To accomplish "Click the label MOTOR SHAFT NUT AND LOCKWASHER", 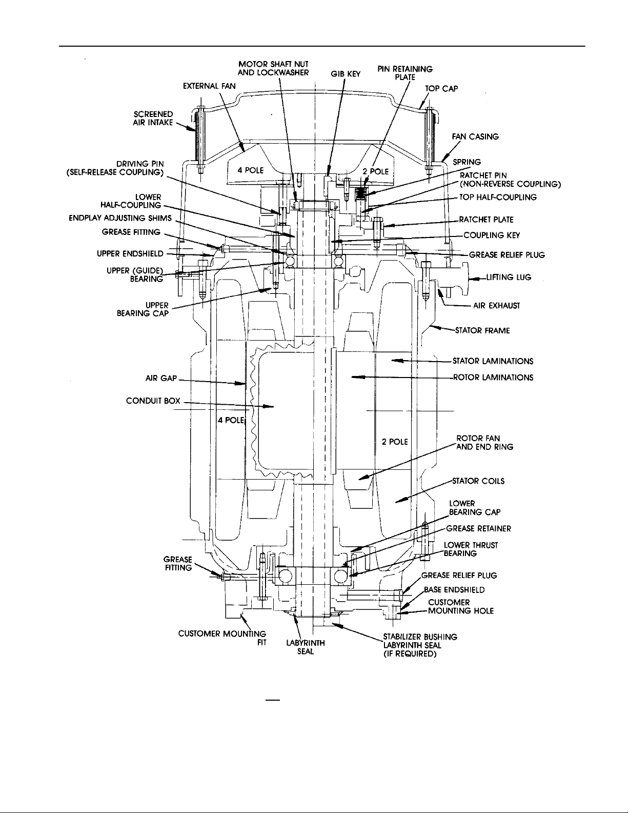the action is [273, 68].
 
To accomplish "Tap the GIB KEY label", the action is [346, 74].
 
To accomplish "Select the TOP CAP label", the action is [441, 89].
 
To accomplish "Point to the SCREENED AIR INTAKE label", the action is [153, 118].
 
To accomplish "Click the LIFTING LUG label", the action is [509, 277].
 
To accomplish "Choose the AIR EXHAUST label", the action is [496, 306].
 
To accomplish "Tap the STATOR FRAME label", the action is [482, 331].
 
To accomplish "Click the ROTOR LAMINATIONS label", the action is [493, 378].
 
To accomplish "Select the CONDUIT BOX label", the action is [153, 401].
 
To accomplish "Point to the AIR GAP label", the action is [161, 378].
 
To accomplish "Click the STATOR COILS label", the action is [478, 481].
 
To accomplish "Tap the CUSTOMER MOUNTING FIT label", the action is [222, 638].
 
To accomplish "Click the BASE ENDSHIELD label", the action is [454, 590].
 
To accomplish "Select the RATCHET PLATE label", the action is [487, 220].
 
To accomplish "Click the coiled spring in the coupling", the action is [359, 193].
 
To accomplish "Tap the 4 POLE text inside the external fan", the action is [251, 170].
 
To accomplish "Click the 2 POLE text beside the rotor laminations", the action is [395, 442].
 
